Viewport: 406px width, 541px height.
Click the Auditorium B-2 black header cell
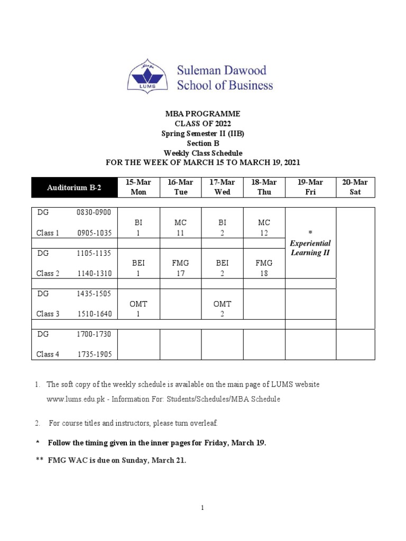click(x=74, y=187)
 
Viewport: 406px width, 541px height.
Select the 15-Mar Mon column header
click(x=139, y=187)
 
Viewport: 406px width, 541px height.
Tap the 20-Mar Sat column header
click(x=355, y=187)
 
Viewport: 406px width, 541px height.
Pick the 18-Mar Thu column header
click(x=264, y=187)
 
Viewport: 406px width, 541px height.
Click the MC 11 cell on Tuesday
click(x=180, y=228)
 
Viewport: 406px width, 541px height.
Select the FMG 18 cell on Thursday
click(x=264, y=268)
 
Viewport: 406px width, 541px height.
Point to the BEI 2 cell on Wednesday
click(x=222, y=268)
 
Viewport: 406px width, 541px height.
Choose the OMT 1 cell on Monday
click(x=139, y=309)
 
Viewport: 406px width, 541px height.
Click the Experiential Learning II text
click(x=310, y=248)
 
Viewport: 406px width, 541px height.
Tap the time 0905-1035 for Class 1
click(x=95, y=233)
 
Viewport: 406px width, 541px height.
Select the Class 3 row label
click(x=48, y=314)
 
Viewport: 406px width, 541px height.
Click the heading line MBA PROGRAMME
click(x=202, y=114)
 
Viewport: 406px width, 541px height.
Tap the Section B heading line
click(x=202, y=143)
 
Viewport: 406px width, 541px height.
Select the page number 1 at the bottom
click(x=202, y=508)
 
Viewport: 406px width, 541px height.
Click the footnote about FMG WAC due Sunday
click(x=116, y=460)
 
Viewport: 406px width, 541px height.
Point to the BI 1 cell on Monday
click(x=139, y=228)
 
